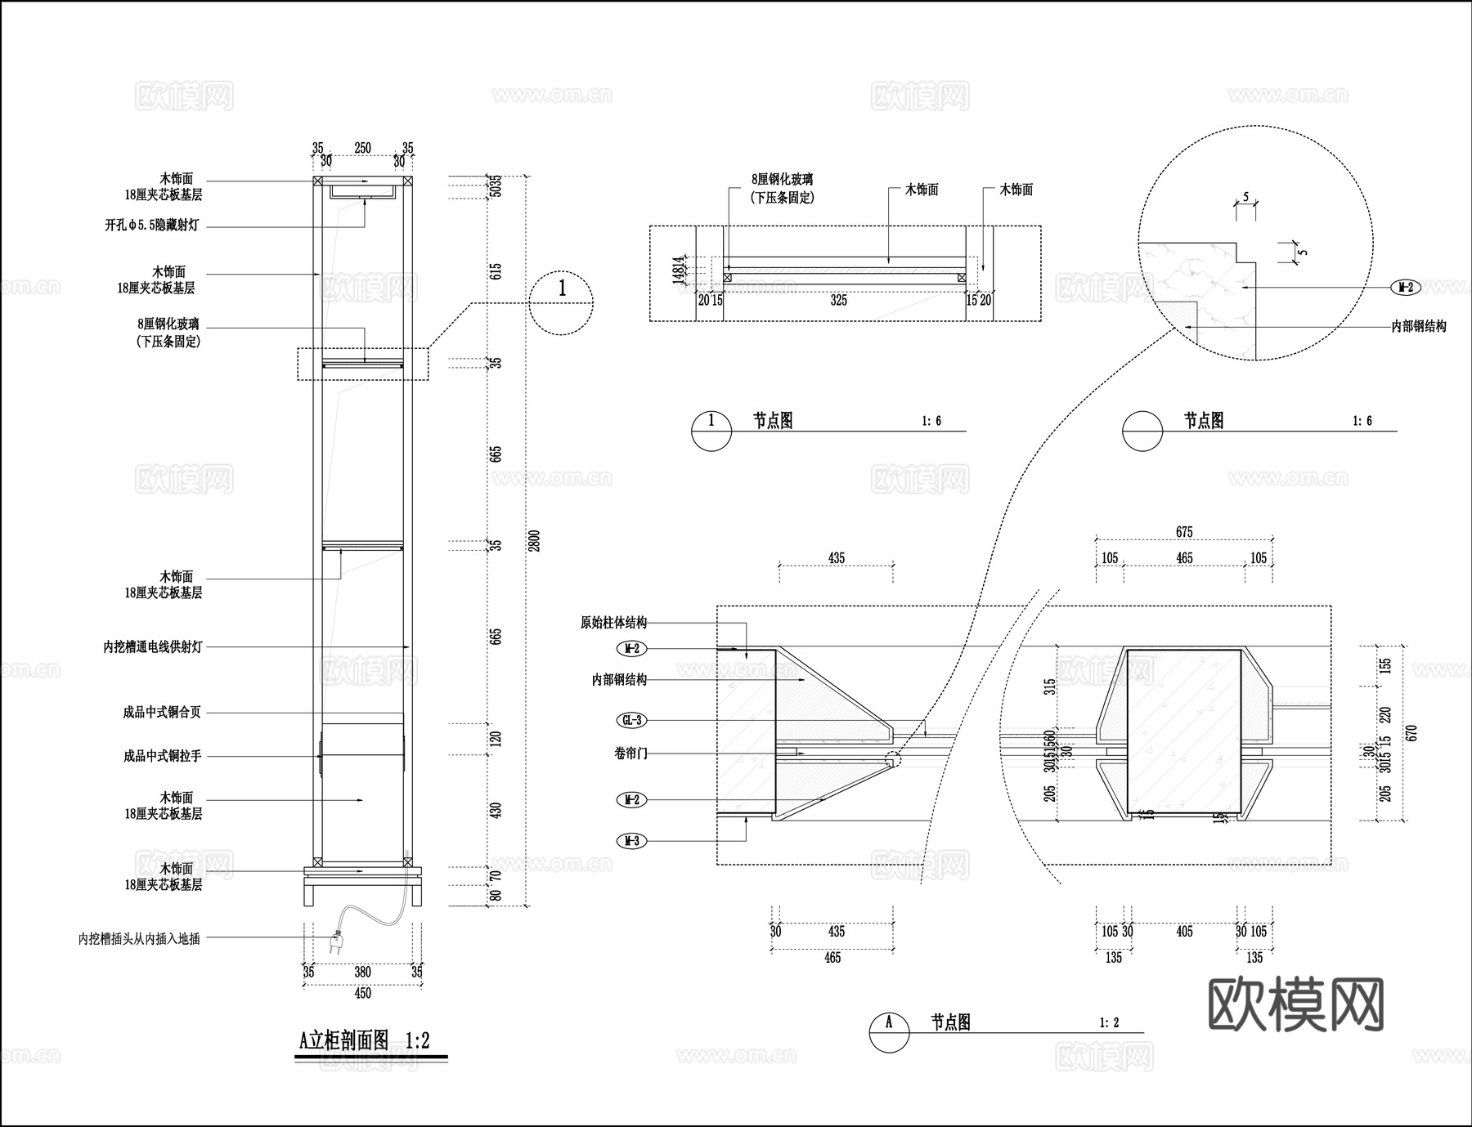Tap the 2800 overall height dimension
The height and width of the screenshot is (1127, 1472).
click(x=535, y=540)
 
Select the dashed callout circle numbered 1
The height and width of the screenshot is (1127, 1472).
click(x=561, y=303)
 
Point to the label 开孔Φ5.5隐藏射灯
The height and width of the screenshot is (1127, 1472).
click(x=152, y=225)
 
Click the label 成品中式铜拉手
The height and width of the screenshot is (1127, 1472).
click(x=162, y=756)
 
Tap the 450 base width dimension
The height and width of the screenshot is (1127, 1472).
click(x=362, y=993)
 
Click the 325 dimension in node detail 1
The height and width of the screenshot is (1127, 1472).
click(x=838, y=301)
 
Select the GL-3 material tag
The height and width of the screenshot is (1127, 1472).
click(x=631, y=721)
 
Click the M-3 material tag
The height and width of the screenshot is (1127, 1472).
click(x=631, y=840)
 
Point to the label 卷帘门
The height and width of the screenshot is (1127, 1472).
click(x=631, y=753)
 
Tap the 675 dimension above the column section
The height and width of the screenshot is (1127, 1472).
click(x=1184, y=532)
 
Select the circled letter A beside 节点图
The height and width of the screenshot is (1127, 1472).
click(x=889, y=1032)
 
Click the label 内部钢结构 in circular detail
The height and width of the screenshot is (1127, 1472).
click(x=1419, y=326)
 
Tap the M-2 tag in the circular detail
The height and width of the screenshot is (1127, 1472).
click(x=1406, y=288)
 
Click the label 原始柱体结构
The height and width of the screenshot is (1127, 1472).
click(x=613, y=623)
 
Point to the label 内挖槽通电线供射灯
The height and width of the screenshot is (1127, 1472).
click(x=152, y=646)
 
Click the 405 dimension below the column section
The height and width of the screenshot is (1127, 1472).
click(x=1184, y=932)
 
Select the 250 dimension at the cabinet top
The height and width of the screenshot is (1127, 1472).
click(x=362, y=148)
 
